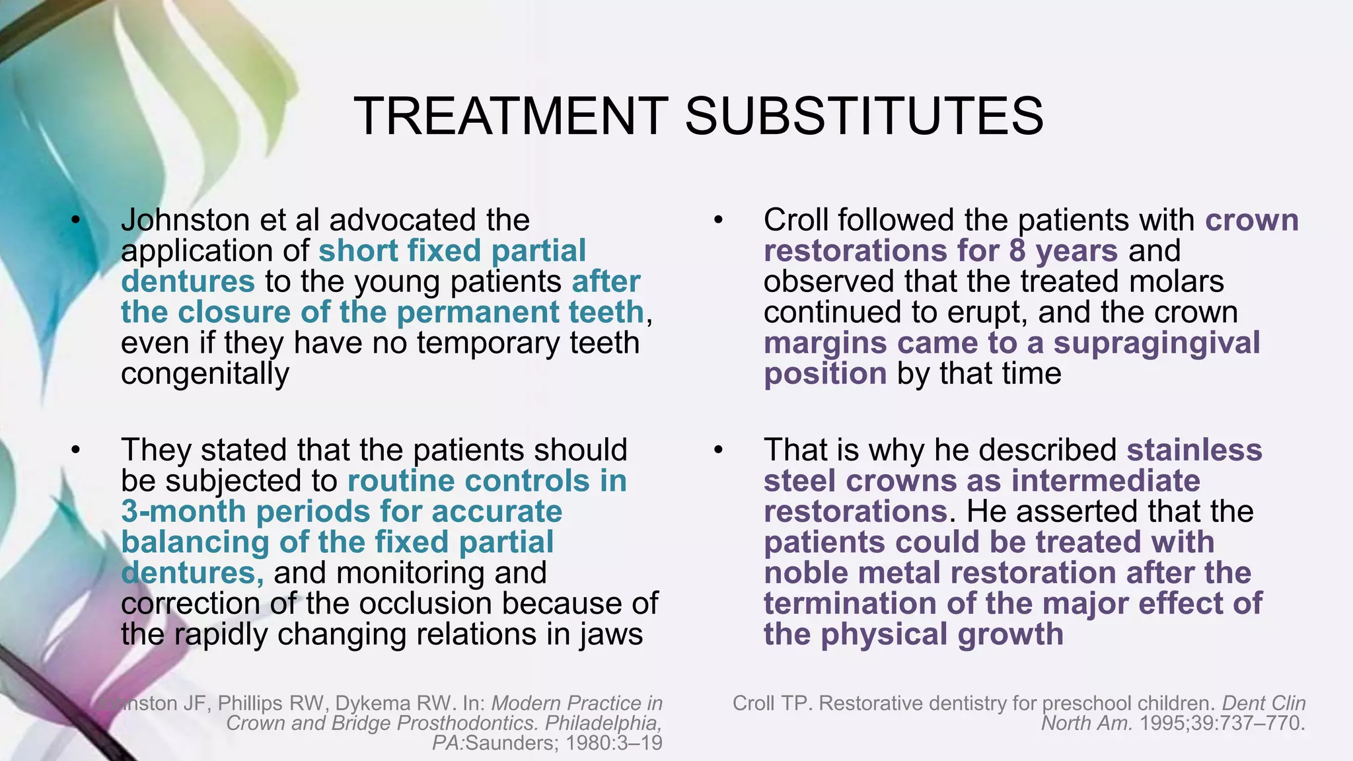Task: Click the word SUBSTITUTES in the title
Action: tap(864, 116)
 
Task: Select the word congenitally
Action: tap(205, 374)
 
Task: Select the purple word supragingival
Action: tap(1157, 344)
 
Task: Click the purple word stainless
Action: tap(1194, 451)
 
